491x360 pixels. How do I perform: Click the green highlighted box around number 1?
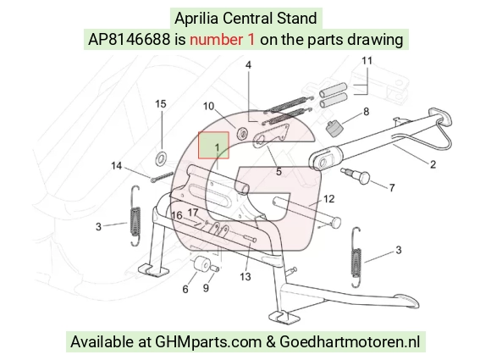(x=213, y=145)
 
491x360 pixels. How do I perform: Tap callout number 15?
(x=161, y=104)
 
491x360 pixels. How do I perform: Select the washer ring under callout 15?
(x=162, y=158)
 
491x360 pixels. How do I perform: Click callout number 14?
(x=117, y=166)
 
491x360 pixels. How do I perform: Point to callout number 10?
(x=208, y=106)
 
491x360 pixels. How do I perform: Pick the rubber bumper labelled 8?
(x=334, y=129)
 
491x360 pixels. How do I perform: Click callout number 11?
(x=367, y=60)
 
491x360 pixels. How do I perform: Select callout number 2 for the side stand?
(x=433, y=164)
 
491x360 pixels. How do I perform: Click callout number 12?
(x=328, y=199)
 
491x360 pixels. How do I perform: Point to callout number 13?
(x=245, y=277)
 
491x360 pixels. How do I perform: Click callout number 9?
(x=206, y=288)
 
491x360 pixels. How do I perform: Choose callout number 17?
(x=193, y=213)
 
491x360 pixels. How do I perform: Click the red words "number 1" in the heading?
(x=222, y=40)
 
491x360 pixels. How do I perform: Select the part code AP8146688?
(x=129, y=40)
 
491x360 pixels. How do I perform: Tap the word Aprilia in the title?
(x=196, y=19)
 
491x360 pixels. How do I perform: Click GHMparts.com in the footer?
(x=208, y=342)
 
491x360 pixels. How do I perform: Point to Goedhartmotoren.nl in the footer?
(x=350, y=341)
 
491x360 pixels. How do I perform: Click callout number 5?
(x=279, y=172)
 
